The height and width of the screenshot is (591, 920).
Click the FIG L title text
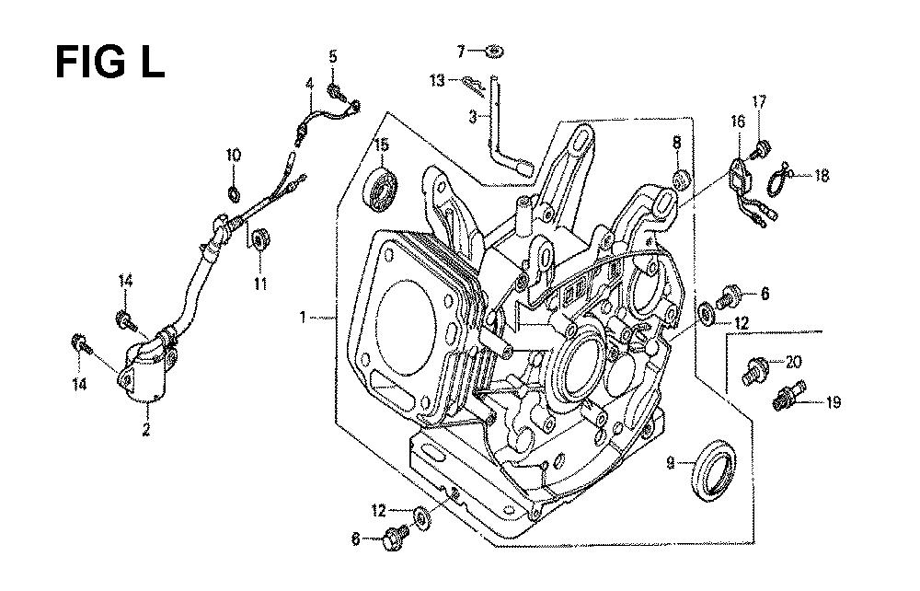(109, 63)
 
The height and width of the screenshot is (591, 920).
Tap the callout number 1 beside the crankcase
(303, 318)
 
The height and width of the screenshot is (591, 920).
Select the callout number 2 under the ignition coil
(146, 429)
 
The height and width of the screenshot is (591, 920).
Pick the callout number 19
(834, 402)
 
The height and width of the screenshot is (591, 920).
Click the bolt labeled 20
(751, 370)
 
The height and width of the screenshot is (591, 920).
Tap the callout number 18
(822, 176)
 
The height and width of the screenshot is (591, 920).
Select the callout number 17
(759, 101)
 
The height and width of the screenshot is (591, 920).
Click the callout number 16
(738, 122)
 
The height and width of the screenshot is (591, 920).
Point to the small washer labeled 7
(496, 52)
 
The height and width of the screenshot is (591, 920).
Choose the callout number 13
(437, 80)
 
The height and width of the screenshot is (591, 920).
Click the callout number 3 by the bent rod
(473, 117)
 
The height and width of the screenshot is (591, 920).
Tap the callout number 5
(333, 56)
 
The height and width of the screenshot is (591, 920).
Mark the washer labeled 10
(233, 191)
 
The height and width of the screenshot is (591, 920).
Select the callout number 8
(677, 142)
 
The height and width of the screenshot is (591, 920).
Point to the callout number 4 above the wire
(309, 85)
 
